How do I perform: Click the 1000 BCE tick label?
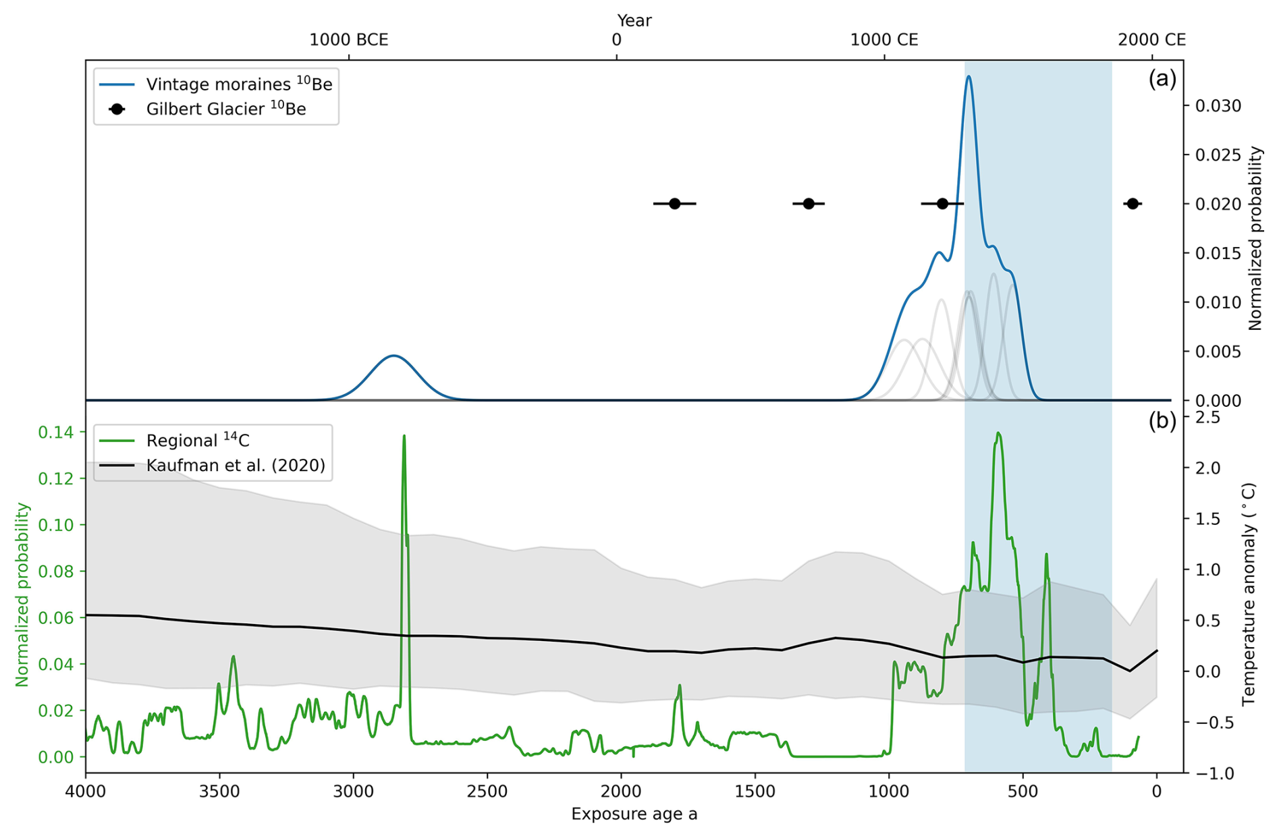pos(348,40)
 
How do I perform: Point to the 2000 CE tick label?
pos(1151,40)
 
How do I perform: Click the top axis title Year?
pos(634,21)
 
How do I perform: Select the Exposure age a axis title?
pos(634,814)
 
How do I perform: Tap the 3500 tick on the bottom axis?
pos(219,791)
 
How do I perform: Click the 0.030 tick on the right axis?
pos(1218,106)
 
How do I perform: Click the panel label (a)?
pos(1162,79)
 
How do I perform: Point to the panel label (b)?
pos(1162,421)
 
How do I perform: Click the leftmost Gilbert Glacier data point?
pos(674,204)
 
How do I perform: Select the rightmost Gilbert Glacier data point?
pos(1133,204)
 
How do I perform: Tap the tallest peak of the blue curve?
pos(969,77)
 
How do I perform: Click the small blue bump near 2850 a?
pos(393,356)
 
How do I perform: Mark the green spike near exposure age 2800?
pos(404,437)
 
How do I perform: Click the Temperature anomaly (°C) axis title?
pos(1249,594)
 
